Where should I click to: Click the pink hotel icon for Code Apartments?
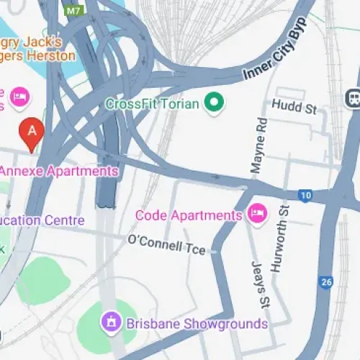pos(256,213)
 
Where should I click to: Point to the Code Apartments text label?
pos(189,215)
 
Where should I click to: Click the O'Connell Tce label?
pos(166,244)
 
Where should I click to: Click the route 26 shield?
pos(326,282)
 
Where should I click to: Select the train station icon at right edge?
pos(354,96)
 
